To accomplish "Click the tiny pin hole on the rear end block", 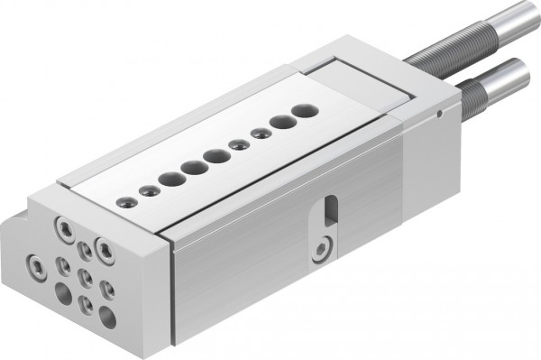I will pos(438,114).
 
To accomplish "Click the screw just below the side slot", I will pos(322,248).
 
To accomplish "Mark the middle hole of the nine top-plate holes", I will pos(215,156).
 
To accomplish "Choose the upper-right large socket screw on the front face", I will pos(105,247).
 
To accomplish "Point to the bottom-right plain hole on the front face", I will pos(107,316).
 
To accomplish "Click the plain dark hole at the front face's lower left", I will pos(63,293).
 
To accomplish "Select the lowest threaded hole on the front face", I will pos(86,305).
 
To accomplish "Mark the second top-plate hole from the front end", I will pos(147,190).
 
